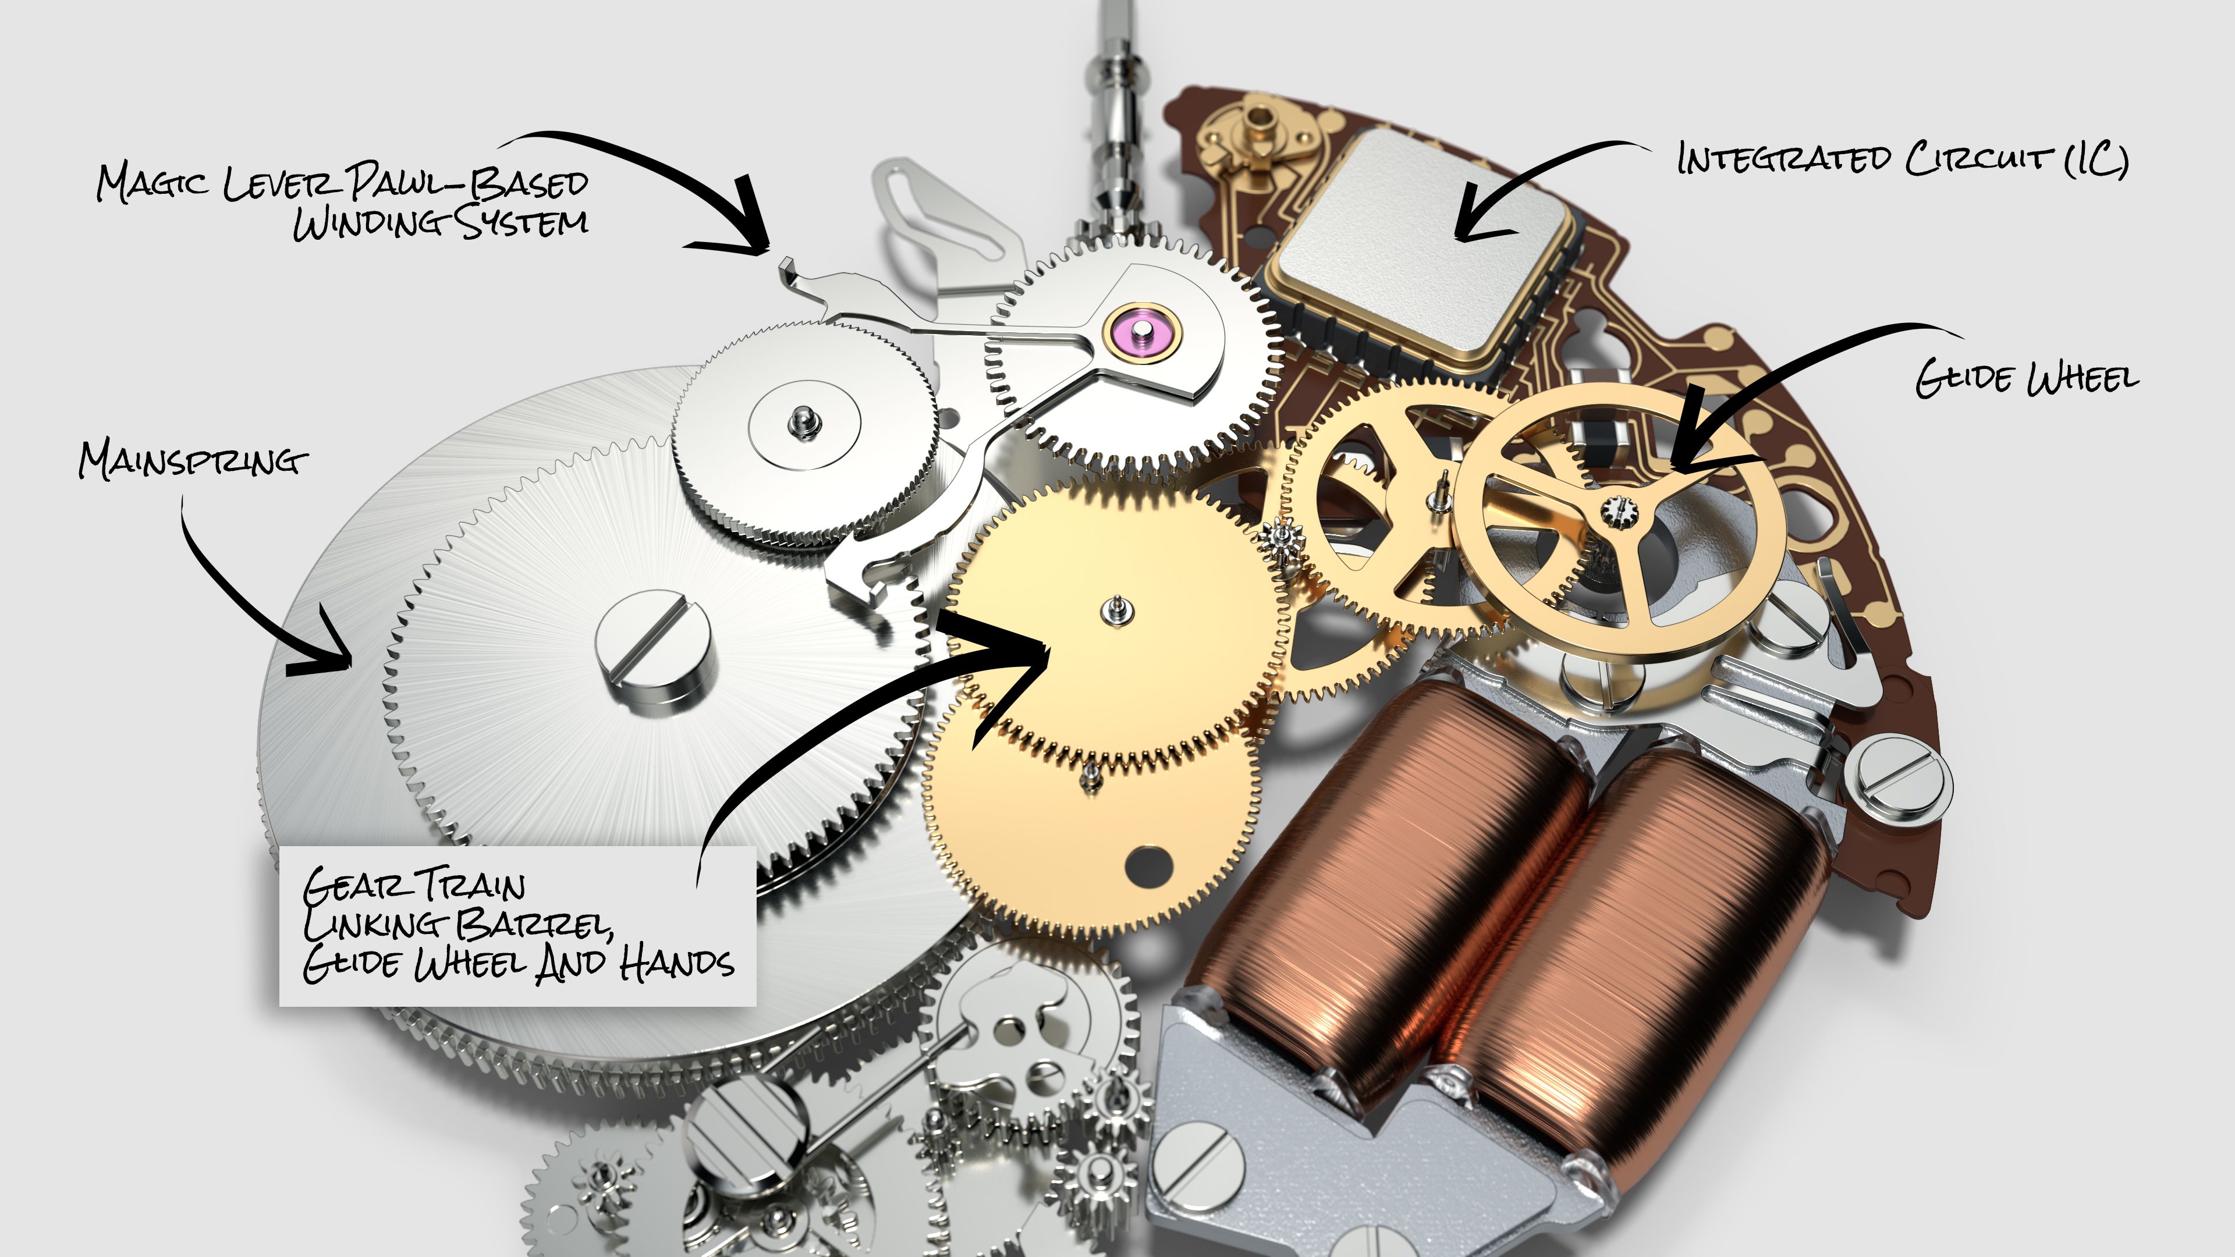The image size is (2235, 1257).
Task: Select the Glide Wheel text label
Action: click(x=2027, y=379)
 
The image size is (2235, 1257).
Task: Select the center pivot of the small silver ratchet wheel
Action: click(x=803, y=422)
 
